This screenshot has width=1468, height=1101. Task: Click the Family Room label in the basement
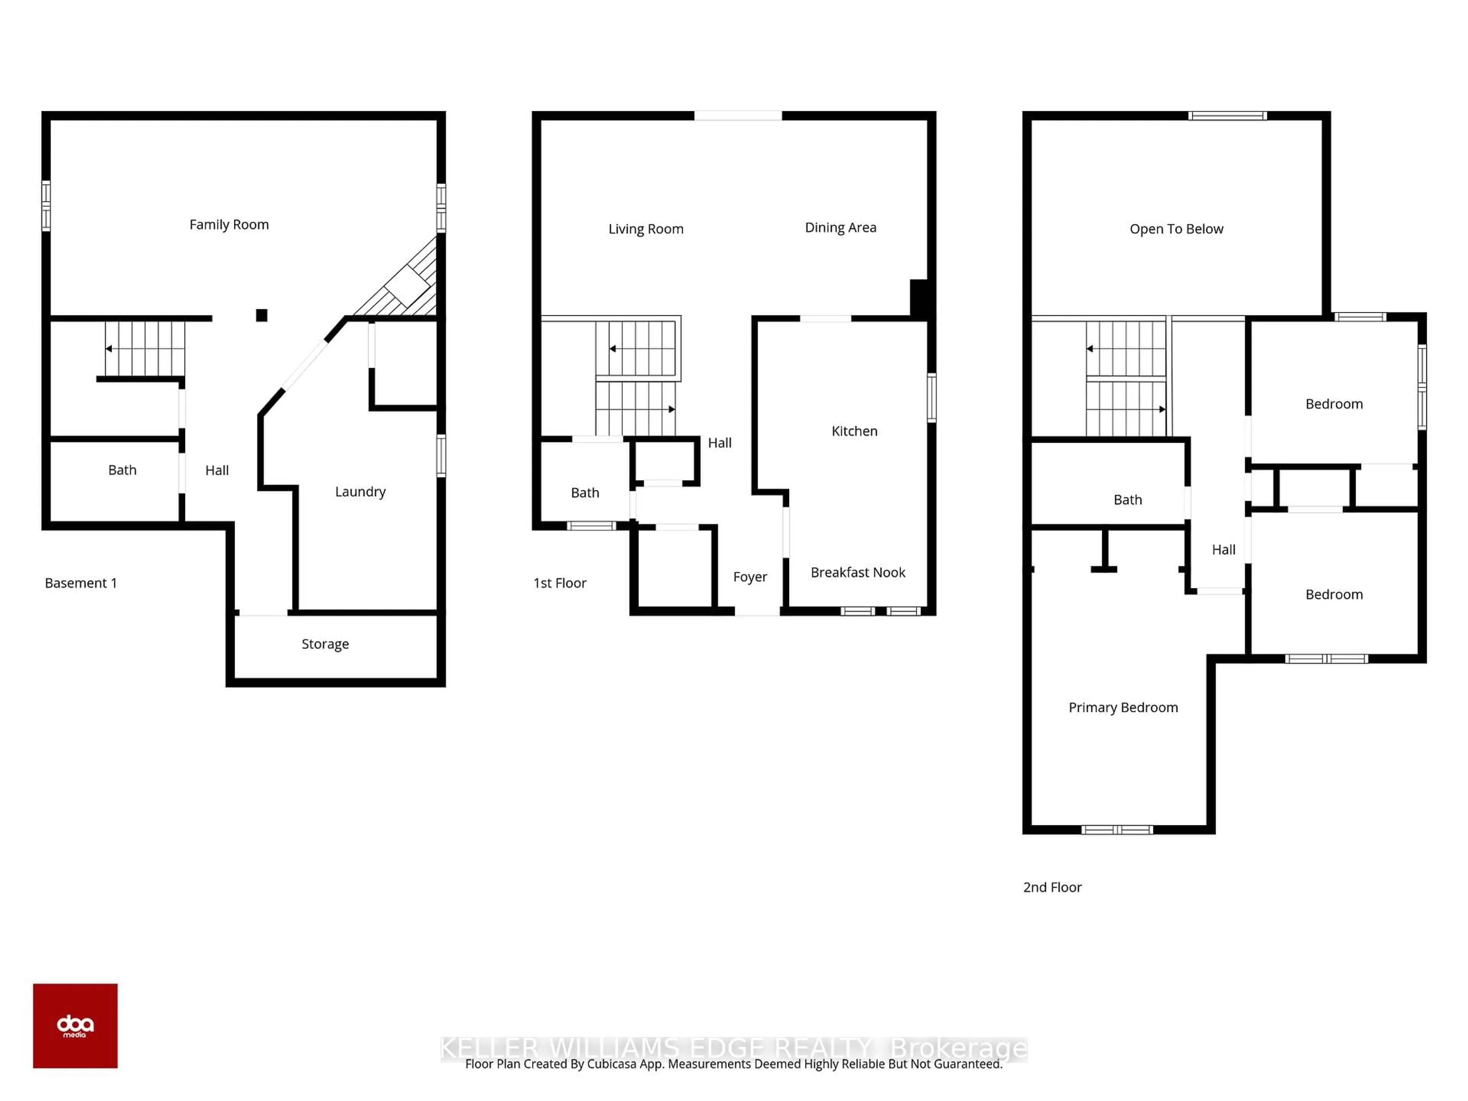coord(229,225)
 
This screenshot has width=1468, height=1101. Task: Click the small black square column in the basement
coord(261,315)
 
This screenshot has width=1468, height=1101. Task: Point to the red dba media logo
coord(75,1025)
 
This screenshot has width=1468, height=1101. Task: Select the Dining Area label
coord(840,227)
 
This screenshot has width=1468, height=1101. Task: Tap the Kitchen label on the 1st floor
coord(854,431)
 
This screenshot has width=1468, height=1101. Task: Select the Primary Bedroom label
coord(1122,708)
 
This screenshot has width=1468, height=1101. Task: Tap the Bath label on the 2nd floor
coord(1127,500)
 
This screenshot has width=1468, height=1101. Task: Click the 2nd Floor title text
coord(1052,887)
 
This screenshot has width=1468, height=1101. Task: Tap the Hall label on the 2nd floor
coord(1223,549)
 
